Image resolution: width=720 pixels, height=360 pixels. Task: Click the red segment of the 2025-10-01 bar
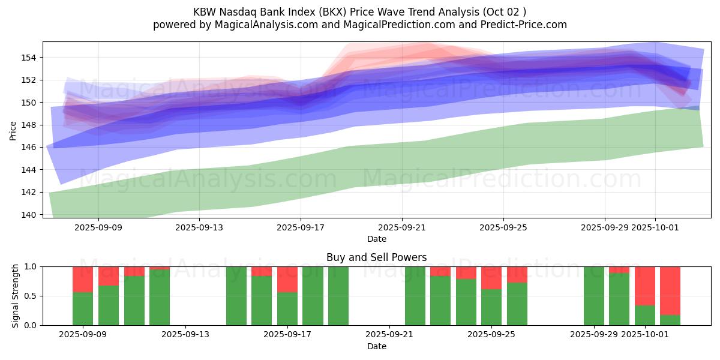tap(645, 286)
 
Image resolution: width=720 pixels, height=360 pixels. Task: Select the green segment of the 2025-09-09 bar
tap(83, 308)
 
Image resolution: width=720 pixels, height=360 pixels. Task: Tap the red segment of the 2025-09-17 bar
tap(287, 279)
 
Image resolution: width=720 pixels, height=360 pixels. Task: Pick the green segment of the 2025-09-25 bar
tap(491, 307)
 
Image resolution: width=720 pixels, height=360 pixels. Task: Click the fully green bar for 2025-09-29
tap(593, 296)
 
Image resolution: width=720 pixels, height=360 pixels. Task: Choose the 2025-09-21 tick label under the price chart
tap(402, 227)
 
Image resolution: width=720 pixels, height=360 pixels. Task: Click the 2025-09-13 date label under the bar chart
tap(186, 335)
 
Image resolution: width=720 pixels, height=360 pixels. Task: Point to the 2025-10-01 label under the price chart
tap(655, 227)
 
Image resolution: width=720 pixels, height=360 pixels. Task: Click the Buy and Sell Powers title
tap(376, 257)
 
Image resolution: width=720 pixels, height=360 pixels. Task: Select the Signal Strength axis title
tap(16, 296)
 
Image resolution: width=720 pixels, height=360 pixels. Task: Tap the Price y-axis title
tap(13, 130)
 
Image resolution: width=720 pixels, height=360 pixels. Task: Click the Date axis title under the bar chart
tap(376, 346)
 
